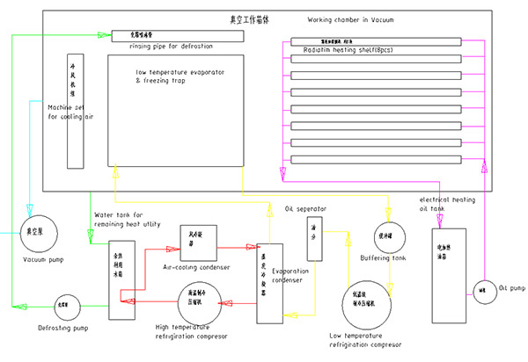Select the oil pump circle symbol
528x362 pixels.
tap(483, 288)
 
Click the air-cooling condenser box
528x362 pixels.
tap(198, 238)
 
